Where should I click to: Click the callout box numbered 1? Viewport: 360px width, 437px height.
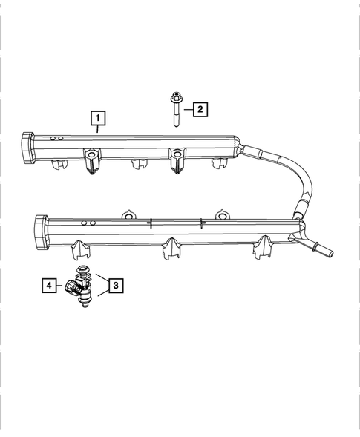tap(97, 117)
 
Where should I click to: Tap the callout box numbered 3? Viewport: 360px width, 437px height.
tap(115, 284)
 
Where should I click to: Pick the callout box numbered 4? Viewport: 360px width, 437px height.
tap(48, 284)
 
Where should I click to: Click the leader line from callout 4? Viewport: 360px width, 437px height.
tap(60, 284)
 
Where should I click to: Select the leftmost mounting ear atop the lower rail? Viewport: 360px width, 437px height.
tap(128, 215)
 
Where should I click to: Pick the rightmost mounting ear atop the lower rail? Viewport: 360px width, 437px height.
tap(220, 216)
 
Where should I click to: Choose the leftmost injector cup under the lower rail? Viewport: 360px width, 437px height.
tap(82, 250)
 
